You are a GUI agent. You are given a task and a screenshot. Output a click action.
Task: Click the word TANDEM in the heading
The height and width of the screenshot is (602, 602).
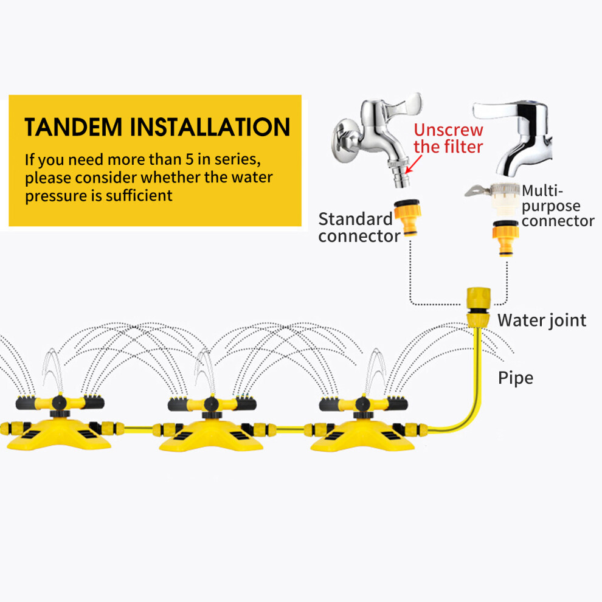tap(74, 127)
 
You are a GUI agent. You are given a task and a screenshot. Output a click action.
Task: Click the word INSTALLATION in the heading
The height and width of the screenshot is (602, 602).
tap(210, 127)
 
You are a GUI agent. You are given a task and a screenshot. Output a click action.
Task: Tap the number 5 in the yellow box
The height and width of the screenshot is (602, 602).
tap(189, 159)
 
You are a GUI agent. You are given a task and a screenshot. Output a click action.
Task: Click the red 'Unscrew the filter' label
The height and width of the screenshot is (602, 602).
tap(448, 138)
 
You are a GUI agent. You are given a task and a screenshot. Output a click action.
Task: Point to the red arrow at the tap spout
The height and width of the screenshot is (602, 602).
tap(414, 164)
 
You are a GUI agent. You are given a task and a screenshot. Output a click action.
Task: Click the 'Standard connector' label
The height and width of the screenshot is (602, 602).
tap(359, 227)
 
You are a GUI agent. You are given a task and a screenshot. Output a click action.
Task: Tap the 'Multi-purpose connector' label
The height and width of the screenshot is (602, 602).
tap(558, 206)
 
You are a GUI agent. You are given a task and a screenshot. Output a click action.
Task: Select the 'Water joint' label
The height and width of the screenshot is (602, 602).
tap(542, 320)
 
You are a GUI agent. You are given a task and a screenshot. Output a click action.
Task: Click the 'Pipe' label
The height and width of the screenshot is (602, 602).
tap(516, 378)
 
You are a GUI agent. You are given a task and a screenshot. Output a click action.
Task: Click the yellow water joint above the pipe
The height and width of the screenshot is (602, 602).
tap(478, 307)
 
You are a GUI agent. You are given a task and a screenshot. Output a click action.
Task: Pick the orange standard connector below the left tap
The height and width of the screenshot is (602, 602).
tap(409, 216)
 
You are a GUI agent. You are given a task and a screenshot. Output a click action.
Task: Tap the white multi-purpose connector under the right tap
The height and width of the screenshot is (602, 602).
tap(497, 198)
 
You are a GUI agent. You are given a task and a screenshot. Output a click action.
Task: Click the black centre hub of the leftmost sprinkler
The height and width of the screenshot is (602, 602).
tap(59, 403)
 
